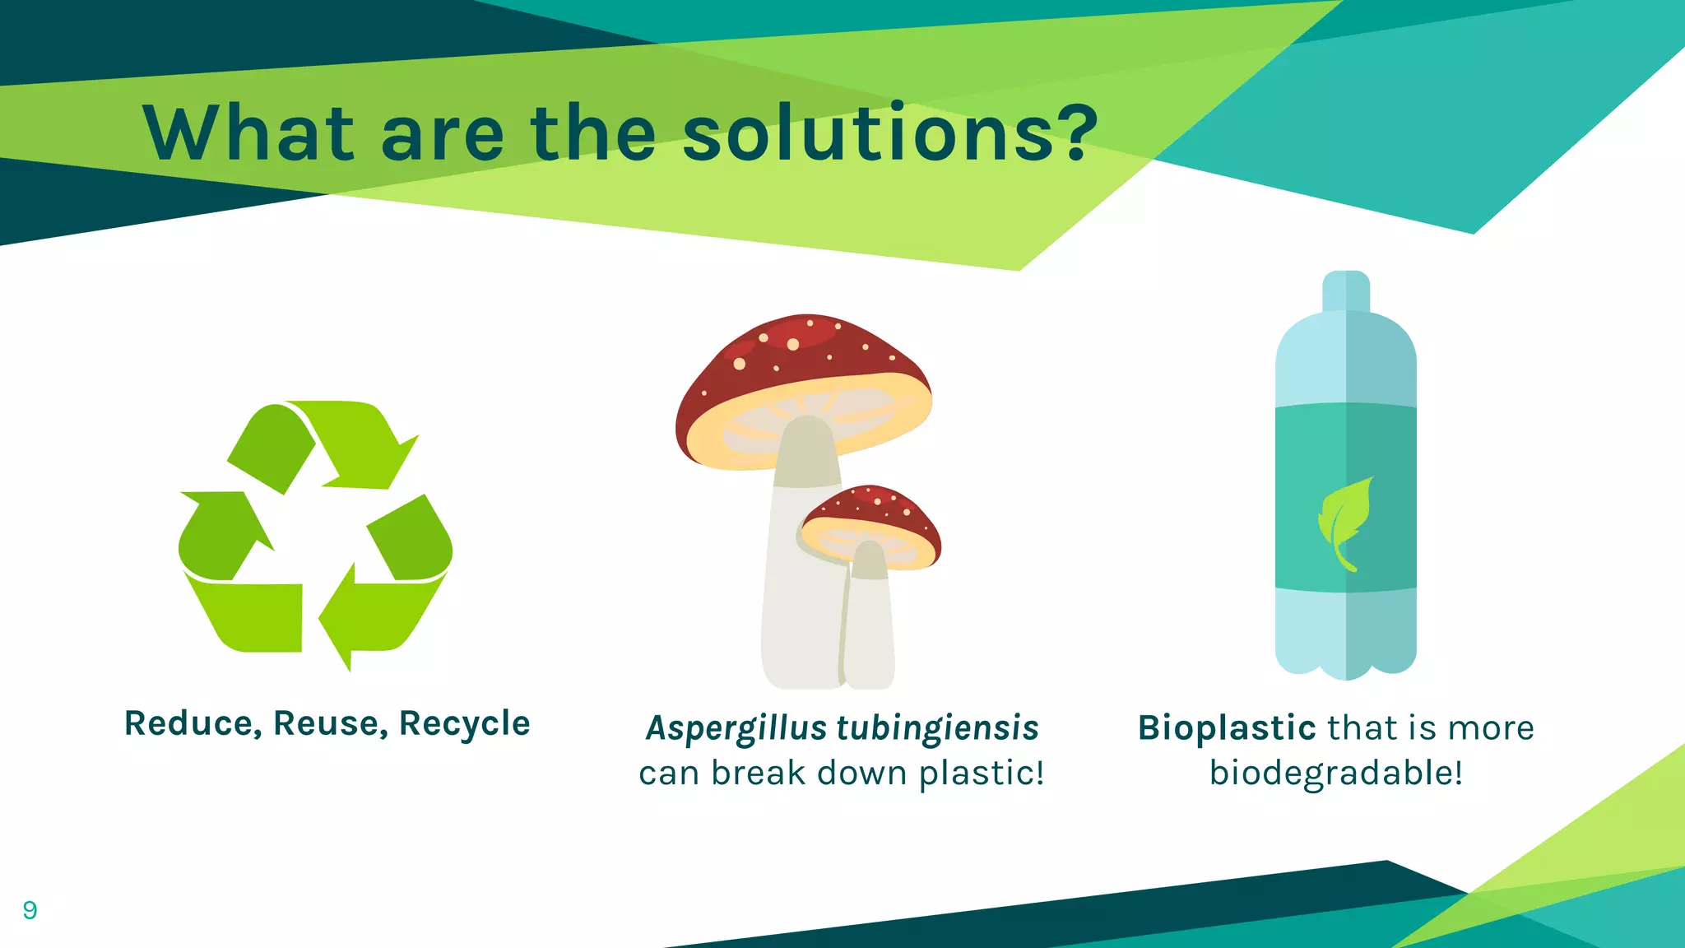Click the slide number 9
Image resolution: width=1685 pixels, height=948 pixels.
(x=30, y=910)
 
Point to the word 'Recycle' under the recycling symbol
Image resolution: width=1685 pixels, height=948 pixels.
(x=464, y=724)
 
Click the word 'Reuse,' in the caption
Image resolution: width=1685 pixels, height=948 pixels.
(x=330, y=724)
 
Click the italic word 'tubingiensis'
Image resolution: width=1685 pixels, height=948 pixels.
(x=938, y=729)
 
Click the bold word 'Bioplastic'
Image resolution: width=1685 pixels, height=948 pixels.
(x=1227, y=728)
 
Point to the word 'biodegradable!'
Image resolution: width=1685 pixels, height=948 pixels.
(x=1336, y=774)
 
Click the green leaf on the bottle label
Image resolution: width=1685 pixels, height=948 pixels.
(x=1344, y=522)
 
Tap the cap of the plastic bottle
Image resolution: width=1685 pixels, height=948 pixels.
(x=1346, y=290)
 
